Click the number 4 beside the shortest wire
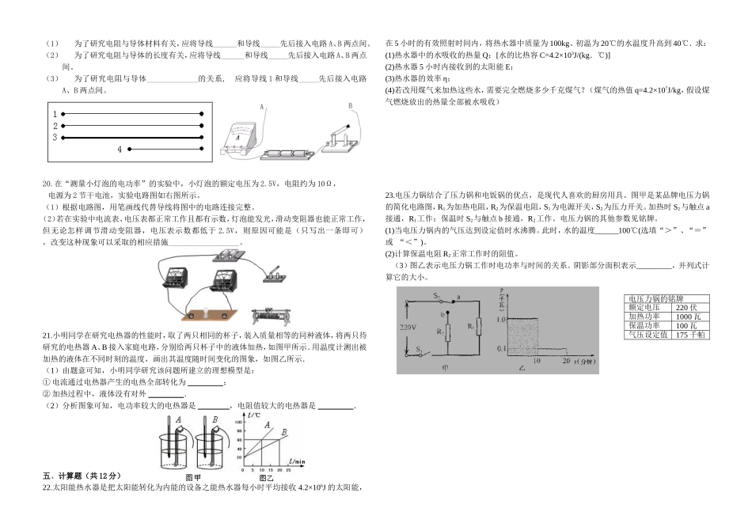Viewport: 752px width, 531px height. pos(120,149)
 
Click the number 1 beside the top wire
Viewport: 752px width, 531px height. pos(55,115)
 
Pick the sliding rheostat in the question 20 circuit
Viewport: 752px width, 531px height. pos(272,316)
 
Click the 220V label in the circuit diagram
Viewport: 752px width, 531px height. pos(408,326)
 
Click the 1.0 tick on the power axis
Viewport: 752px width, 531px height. pos(497,318)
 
